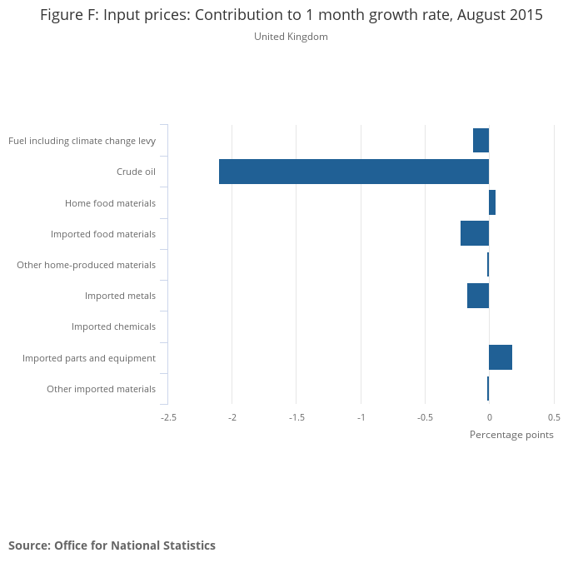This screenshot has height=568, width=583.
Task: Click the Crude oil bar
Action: tap(354, 172)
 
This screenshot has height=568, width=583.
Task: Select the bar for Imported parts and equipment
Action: tap(501, 357)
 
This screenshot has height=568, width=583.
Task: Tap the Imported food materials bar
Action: tap(475, 233)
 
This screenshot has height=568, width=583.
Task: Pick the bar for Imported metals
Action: tap(478, 296)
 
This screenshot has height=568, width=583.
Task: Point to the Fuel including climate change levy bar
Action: tap(481, 141)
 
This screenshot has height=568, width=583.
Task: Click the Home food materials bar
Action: tap(492, 202)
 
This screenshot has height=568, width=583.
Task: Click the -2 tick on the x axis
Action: tap(232, 417)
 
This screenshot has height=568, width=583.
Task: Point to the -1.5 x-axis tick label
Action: tap(296, 417)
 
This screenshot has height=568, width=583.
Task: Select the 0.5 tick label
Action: tap(554, 417)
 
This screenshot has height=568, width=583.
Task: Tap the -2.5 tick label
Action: tap(168, 417)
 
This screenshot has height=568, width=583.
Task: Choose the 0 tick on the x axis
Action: tap(489, 417)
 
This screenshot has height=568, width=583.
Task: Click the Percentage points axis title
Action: tap(511, 435)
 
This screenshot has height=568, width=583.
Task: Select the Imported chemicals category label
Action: tap(113, 326)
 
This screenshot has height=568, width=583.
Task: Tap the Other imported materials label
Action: tap(101, 389)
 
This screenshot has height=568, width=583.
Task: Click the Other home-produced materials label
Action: tap(86, 265)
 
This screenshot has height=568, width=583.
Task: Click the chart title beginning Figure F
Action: tap(291, 16)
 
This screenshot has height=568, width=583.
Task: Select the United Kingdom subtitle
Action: tap(291, 37)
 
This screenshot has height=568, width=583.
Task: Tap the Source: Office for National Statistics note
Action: tap(112, 546)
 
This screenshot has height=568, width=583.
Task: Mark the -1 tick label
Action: tap(361, 417)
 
